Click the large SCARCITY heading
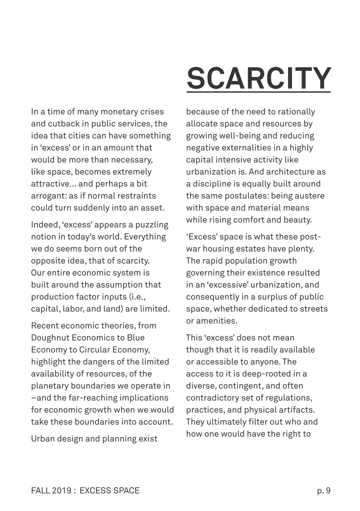coord(259,78)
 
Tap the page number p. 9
coord(324,490)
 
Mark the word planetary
coord(49,386)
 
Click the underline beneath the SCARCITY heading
coord(259,92)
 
